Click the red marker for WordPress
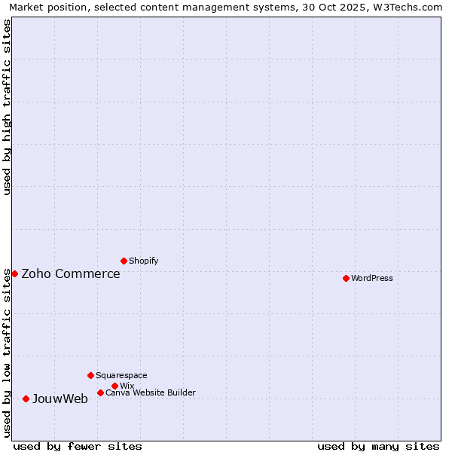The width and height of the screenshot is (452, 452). click(346, 278)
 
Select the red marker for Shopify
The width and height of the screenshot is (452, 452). click(124, 261)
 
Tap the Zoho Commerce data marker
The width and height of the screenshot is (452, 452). click(14, 273)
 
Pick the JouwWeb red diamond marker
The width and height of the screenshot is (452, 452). click(26, 399)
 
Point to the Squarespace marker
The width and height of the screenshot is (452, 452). click(90, 375)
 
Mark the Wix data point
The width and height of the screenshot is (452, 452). click(115, 386)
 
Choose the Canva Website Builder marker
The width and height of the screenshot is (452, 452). click(100, 392)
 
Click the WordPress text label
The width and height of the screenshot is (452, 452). click(371, 278)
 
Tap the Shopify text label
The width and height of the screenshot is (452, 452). click(143, 261)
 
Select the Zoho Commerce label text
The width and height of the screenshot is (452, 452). click(70, 273)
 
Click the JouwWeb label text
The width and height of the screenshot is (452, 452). click(60, 399)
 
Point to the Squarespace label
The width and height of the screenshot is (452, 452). click(121, 375)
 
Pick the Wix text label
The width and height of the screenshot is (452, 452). click(127, 386)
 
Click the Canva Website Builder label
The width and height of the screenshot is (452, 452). click(150, 392)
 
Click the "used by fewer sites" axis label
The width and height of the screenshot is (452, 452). click(78, 446)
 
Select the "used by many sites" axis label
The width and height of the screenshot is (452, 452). click(378, 446)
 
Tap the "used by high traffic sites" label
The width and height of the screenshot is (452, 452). click(7, 107)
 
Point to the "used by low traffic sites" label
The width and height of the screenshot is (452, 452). click(7, 353)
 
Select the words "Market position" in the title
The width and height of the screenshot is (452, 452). click(46, 7)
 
